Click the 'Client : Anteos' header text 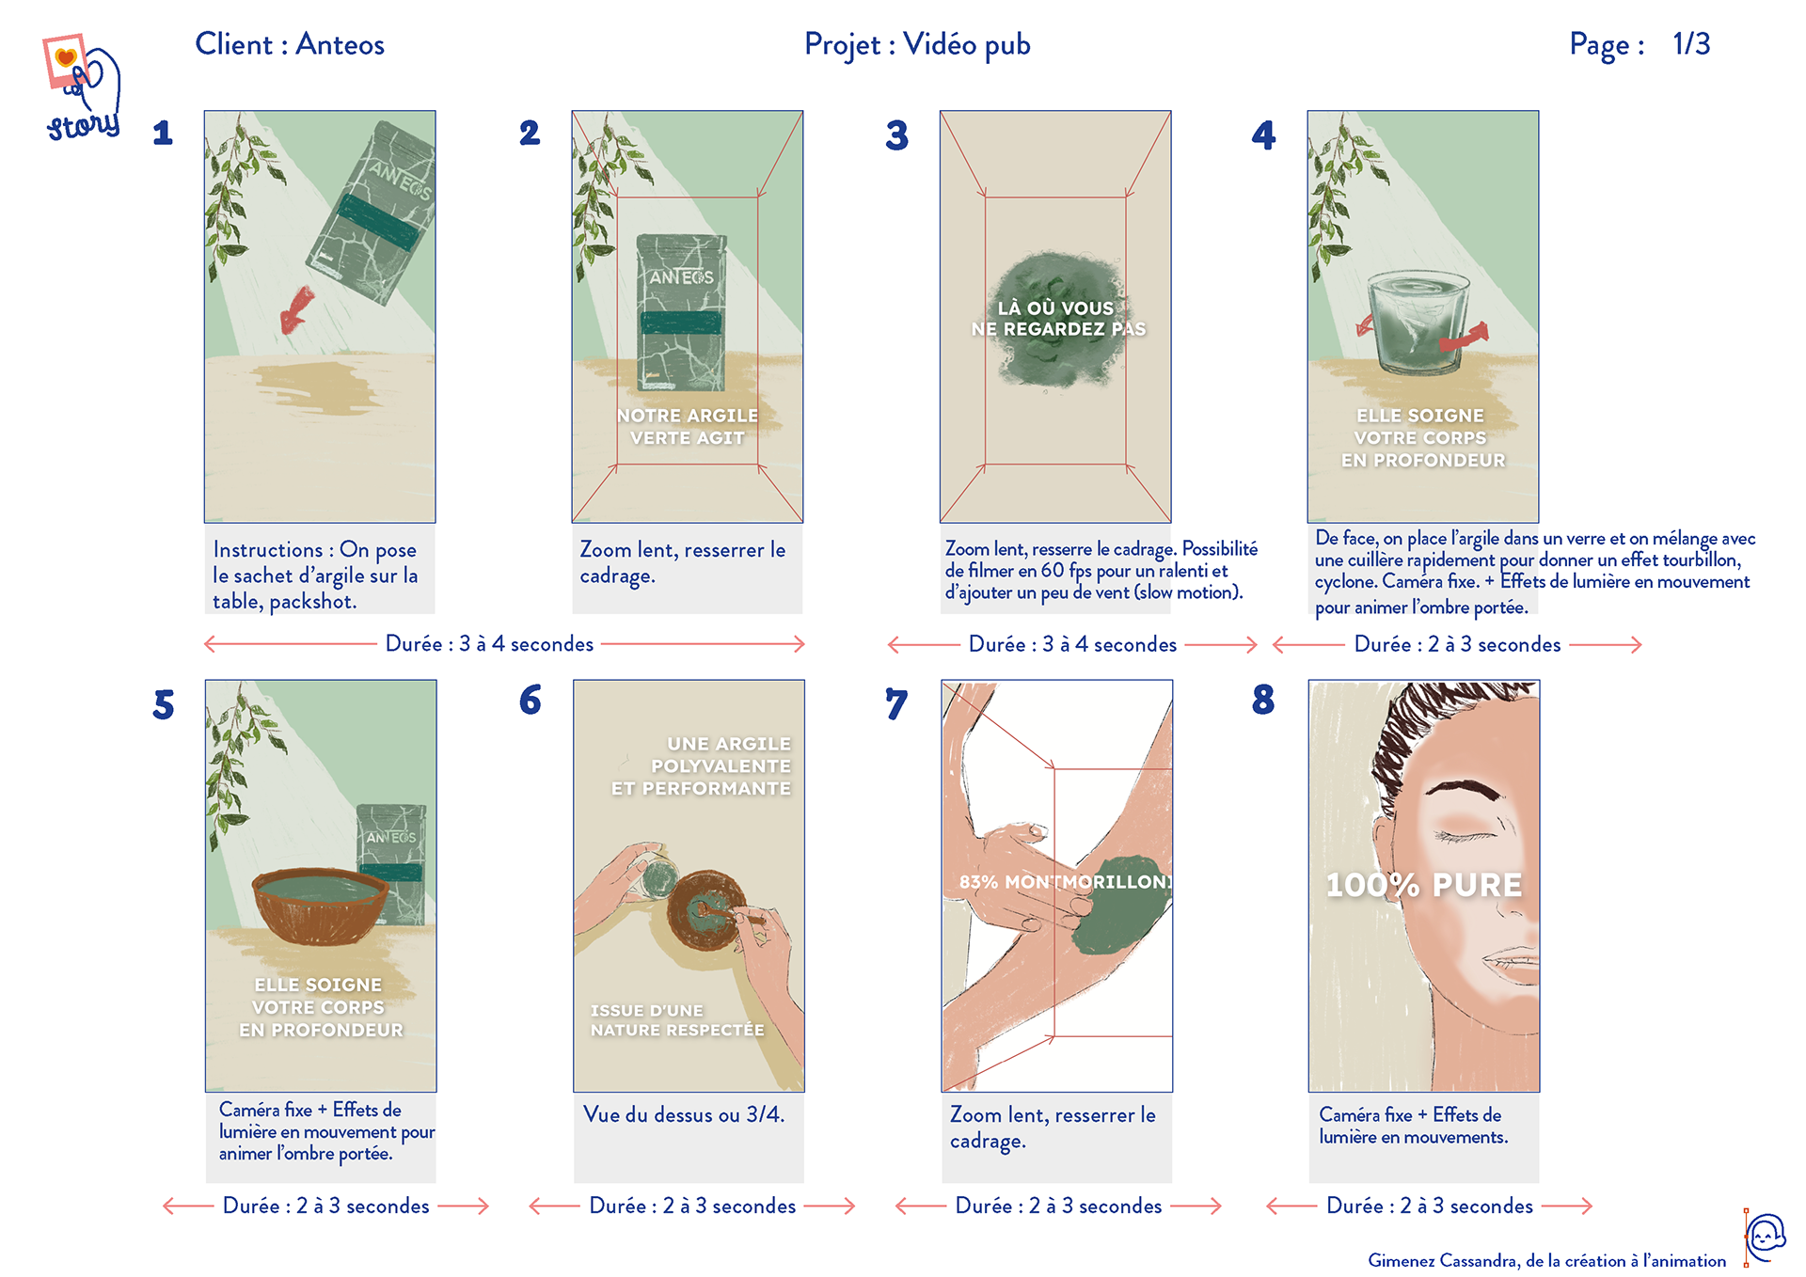(x=290, y=44)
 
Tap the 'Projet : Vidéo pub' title (x=917, y=44)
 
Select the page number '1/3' (x=1690, y=44)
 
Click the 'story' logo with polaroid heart (x=83, y=89)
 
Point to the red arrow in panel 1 (x=297, y=310)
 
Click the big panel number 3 (x=896, y=135)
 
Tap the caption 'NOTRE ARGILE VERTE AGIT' (x=688, y=427)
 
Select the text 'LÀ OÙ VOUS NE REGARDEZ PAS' (x=1057, y=319)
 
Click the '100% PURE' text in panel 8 (x=1423, y=885)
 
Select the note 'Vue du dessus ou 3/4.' (x=684, y=1115)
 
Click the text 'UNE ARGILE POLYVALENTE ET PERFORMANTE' (x=702, y=766)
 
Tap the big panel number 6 (x=531, y=700)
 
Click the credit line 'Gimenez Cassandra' (x=1546, y=1260)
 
